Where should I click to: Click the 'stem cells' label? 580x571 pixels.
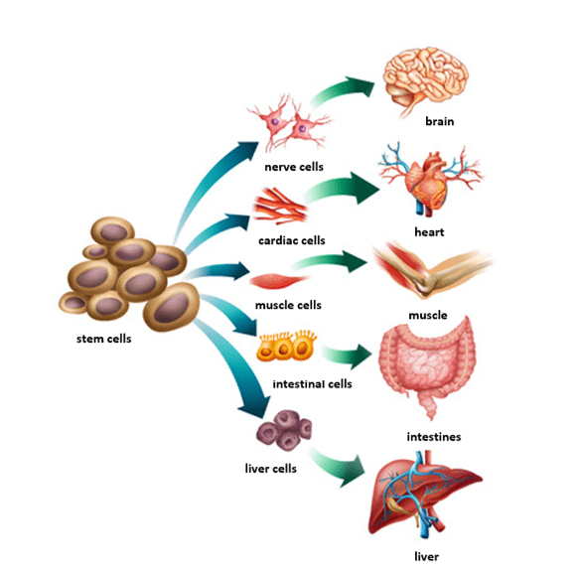pyautogui.click(x=104, y=338)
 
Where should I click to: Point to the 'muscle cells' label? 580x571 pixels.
pyautogui.click(x=287, y=305)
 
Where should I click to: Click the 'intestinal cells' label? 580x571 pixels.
pyautogui.click(x=311, y=382)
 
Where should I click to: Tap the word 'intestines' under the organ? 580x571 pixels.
pyautogui.click(x=433, y=436)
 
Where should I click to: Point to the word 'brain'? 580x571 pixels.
pyautogui.click(x=439, y=122)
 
